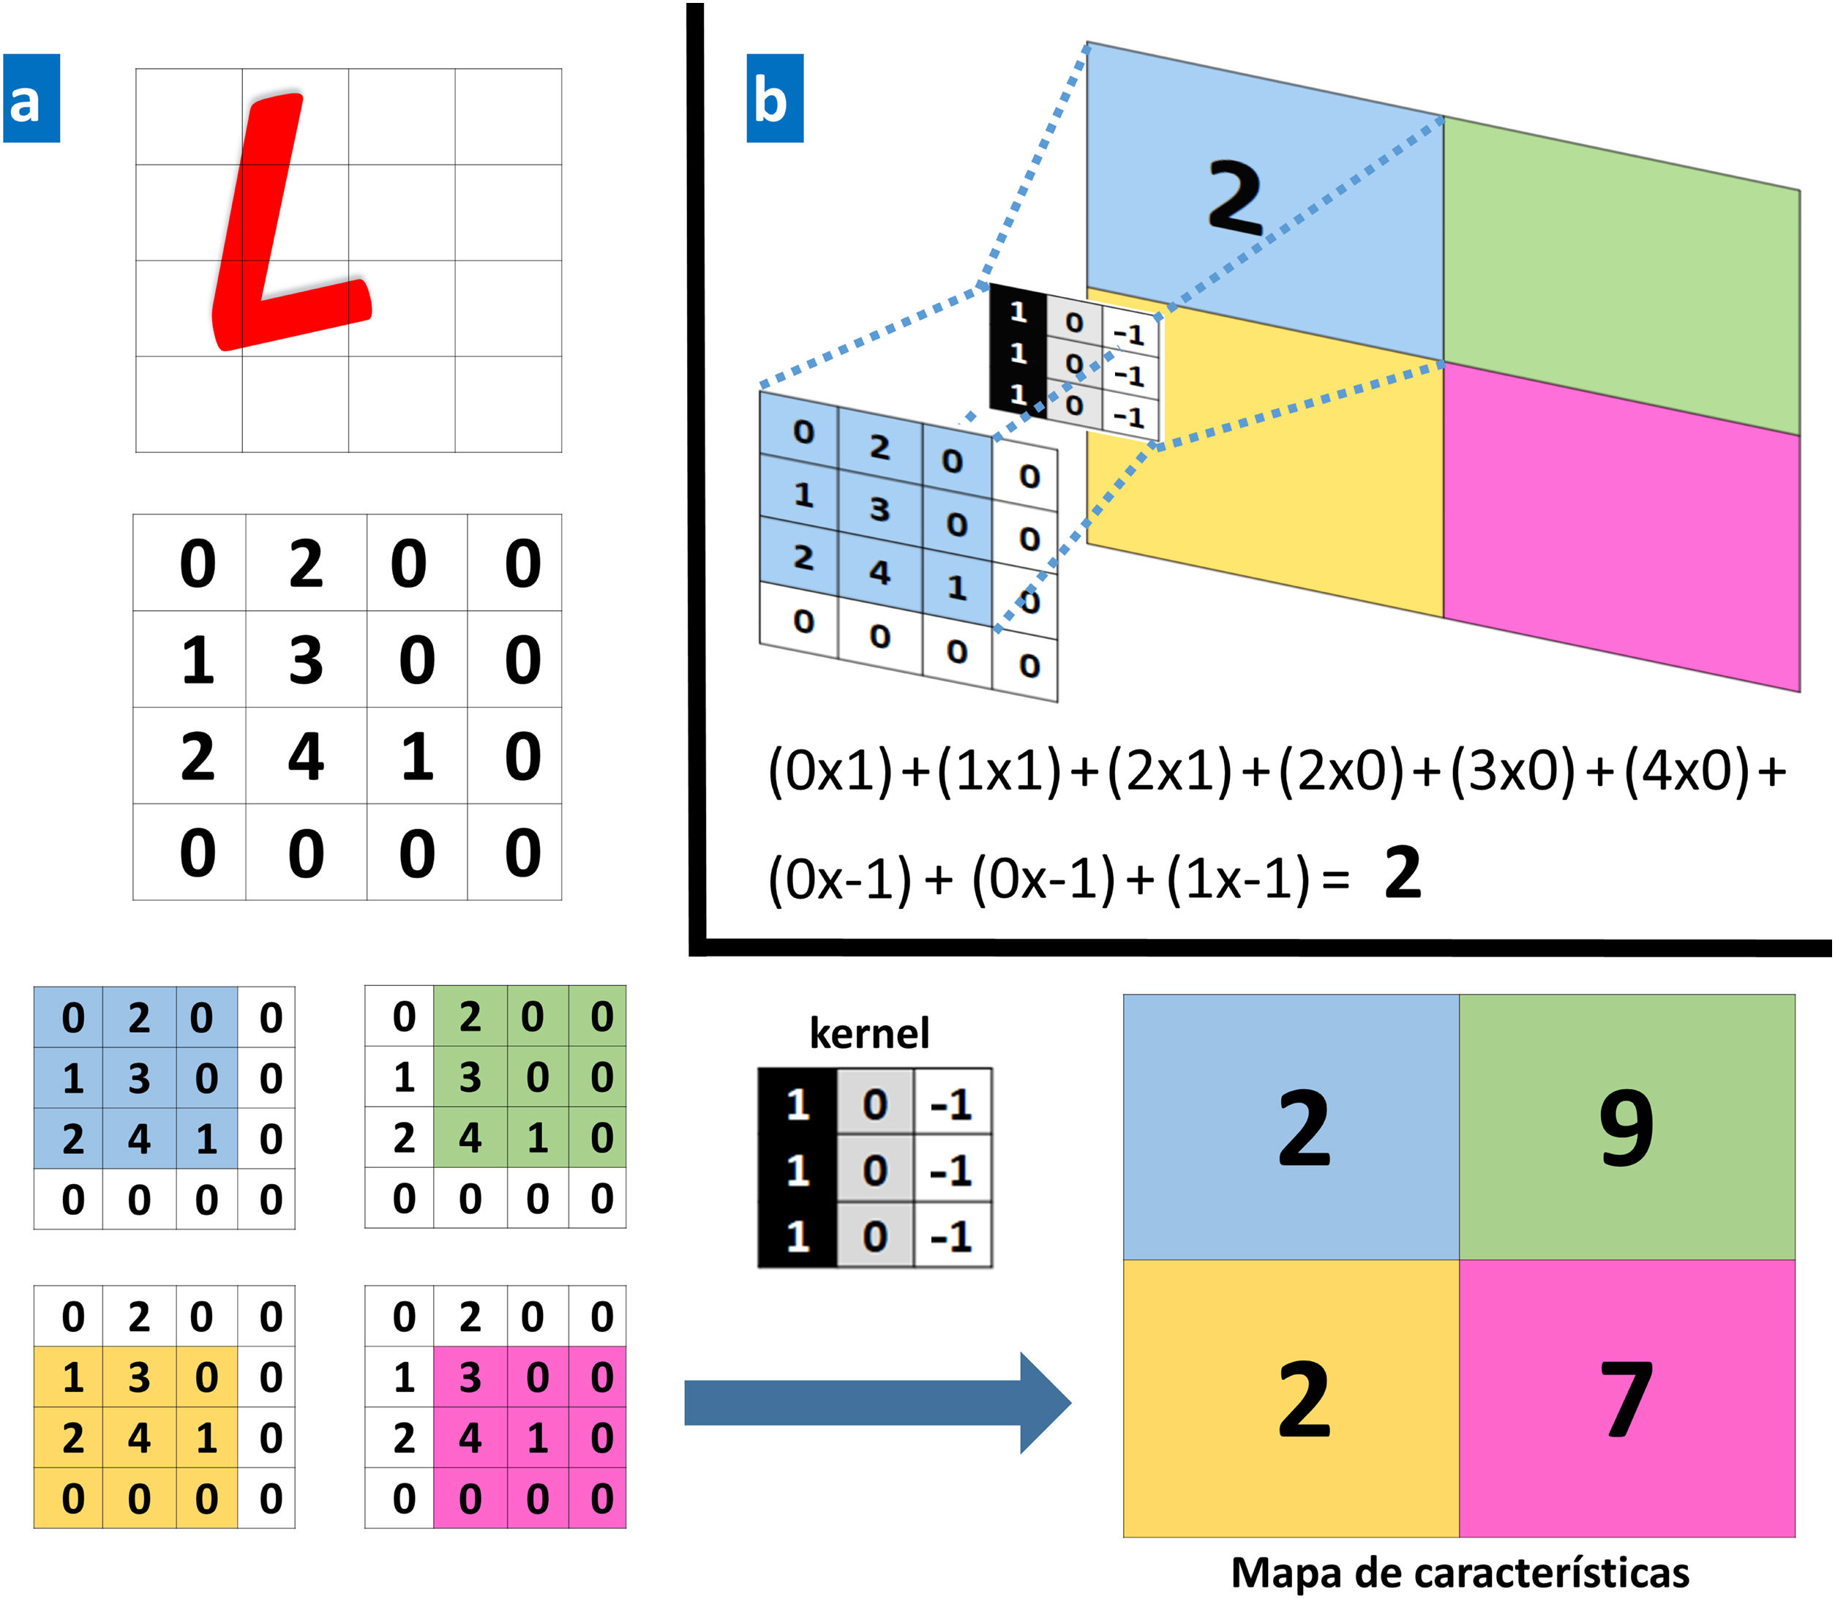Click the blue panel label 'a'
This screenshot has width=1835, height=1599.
(31, 98)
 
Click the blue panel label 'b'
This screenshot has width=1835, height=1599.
(773, 98)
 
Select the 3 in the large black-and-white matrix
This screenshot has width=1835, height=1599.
(305, 660)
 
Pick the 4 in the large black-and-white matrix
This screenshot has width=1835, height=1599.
(305, 757)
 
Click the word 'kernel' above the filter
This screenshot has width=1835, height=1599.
(869, 1033)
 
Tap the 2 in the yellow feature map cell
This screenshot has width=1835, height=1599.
(1303, 1401)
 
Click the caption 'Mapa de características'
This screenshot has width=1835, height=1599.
(1460, 1572)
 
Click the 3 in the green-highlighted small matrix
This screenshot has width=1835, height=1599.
(470, 1078)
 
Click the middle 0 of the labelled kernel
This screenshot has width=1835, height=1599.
(874, 1170)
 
